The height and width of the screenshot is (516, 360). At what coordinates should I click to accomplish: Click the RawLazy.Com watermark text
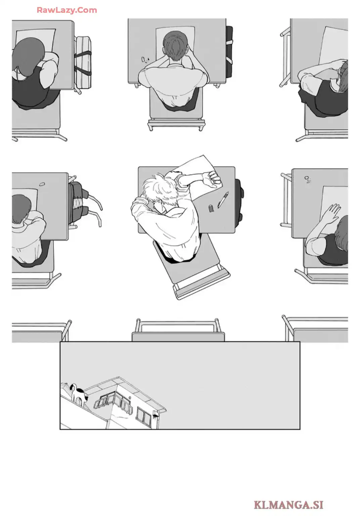click(x=67, y=10)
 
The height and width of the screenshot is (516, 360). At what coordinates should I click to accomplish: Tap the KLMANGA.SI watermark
click(x=288, y=505)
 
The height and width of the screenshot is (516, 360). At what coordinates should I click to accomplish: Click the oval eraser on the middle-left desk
click(x=42, y=184)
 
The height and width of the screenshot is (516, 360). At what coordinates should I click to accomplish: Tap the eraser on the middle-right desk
click(x=307, y=178)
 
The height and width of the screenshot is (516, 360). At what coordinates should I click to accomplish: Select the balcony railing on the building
click(x=113, y=404)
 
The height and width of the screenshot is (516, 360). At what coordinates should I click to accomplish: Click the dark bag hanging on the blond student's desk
click(x=239, y=200)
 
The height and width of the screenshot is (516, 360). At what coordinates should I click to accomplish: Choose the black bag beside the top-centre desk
click(x=229, y=52)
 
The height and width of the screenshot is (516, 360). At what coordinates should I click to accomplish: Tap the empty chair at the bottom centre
click(x=178, y=330)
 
